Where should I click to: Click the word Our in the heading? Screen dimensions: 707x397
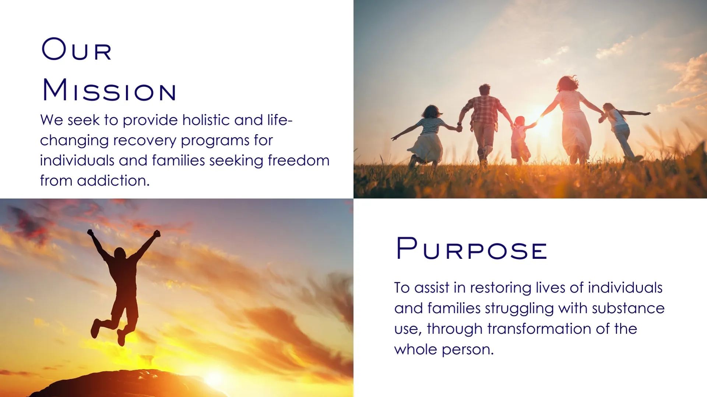click(76, 49)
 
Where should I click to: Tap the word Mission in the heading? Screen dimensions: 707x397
click(109, 90)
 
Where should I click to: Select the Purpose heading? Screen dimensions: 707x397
click(472, 249)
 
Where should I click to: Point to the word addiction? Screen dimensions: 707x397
click(113, 180)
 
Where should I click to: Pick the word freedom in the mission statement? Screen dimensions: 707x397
click(299, 160)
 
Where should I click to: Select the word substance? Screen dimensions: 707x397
click(628, 308)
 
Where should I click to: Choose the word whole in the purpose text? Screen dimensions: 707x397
click(416, 349)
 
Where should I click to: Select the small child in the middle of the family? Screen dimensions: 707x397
click(520, 140)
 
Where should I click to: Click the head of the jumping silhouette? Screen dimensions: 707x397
click(120, 254)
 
